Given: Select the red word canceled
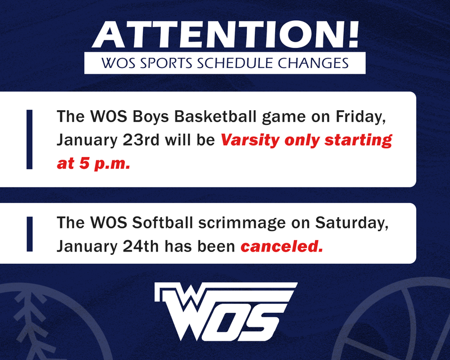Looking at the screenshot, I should coord(282,246).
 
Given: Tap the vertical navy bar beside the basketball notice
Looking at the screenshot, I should coord(30,139).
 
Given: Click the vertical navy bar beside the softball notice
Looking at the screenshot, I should coord(30,234).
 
